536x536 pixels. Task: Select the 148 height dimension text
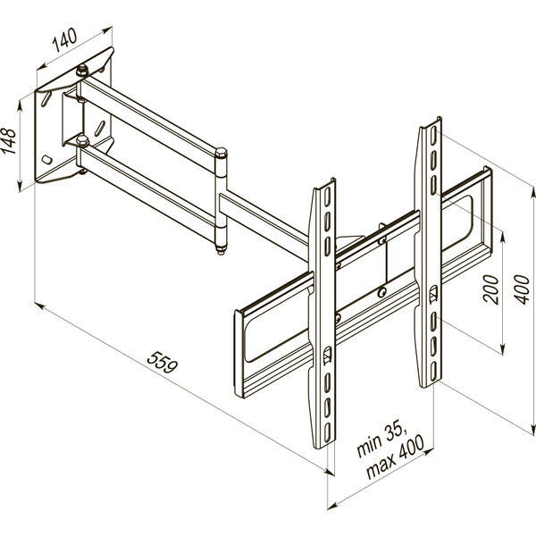point(12,141)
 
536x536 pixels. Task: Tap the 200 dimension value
point(490,289)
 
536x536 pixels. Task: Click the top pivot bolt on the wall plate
point(82,70)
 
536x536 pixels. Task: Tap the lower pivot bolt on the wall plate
point(82,140)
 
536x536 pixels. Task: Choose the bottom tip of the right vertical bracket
point(428,382)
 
